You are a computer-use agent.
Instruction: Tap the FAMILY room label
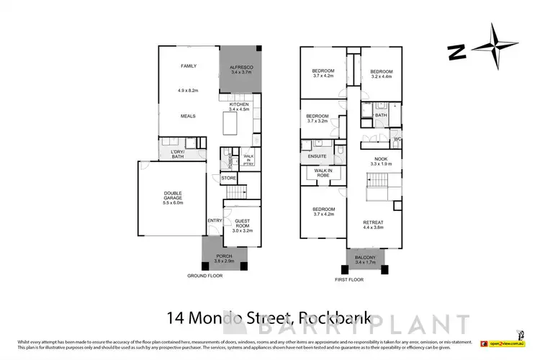pyautogui.click(x=189, y=66)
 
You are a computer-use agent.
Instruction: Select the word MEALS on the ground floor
pyautogui.click(x=189, y=116)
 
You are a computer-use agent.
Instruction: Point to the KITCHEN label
pyautogui.click(x=239, y=104)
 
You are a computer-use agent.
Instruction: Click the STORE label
pyautogui.click(x=228, y=178)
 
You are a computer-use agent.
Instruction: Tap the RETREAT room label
pyautogui.click(x=373, y=222)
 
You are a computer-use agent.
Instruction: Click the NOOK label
pyautogui.click(x=381, y=158)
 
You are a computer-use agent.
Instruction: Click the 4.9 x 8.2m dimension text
pyautogui.click(x=187, y=91)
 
